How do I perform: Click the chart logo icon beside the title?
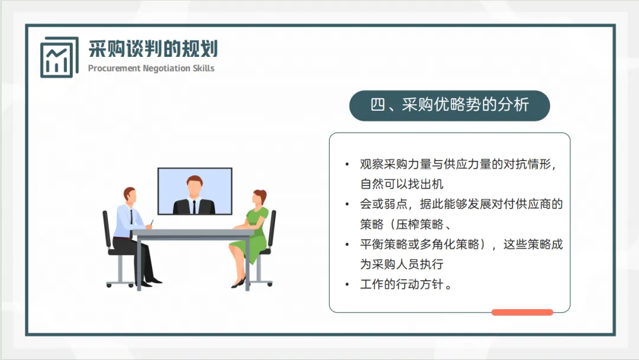(x=59, y=57)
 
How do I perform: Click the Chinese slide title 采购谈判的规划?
(x=153, y=49)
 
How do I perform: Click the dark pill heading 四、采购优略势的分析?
(x=450, y=105)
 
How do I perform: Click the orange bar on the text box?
(x=522, y=312)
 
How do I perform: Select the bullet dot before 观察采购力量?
(x=347, y=165)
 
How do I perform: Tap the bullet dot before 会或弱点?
(x=347, y=204)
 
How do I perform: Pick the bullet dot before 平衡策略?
(x=347, y=245)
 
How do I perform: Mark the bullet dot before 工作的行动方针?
(x=347, y=285)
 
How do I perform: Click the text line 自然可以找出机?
(x=401, y=184)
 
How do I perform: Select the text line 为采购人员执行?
(x=401, y=264)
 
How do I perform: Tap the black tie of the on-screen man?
(x=195, y=207)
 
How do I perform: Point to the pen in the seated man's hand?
(x=151, y=223)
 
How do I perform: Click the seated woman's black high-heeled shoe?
(x=238, y=284)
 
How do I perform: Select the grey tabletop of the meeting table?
(x=193, y=233)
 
